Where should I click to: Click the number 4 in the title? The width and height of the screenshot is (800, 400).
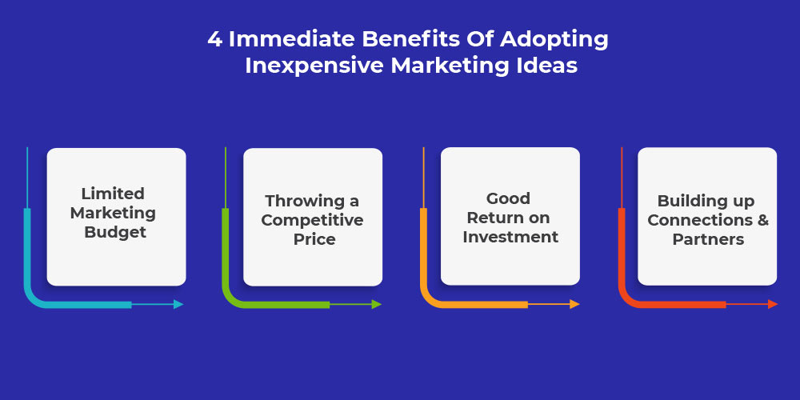[214, 39]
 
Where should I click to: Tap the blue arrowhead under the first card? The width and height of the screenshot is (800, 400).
[178, 304]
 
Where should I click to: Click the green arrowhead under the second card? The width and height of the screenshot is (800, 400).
[377, 304]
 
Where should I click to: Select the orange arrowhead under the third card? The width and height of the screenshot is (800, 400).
[574, 304]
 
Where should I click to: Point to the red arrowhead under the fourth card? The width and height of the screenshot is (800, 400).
[773, 304]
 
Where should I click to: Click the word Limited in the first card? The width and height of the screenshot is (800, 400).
[114, 194]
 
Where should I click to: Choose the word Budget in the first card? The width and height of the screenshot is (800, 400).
[115, 233]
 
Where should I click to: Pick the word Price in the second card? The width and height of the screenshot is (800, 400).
[314, 239]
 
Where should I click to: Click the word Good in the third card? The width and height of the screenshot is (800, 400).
[508, 198]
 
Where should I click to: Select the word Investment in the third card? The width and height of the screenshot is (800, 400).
[510, 237]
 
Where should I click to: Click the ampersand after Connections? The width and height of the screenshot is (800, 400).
[763, 221]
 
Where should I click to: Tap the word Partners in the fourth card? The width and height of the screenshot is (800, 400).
[708, 239]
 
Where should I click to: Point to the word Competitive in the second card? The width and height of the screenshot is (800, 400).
[312, 221]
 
